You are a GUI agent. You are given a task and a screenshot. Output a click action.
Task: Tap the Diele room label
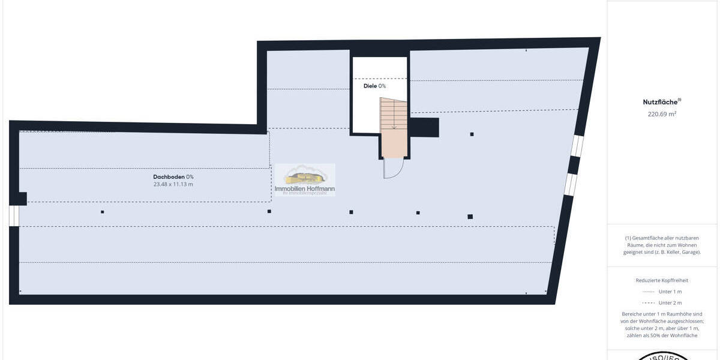pyautogui.click(x=374, y=86)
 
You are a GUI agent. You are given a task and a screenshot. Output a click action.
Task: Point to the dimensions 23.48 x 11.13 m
pyautogui.click(x=173, y=185)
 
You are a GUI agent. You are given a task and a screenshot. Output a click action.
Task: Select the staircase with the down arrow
pyautogui.click(x=393, y=127)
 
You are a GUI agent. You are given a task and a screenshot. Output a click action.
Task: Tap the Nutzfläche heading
pyautogui.click(x=661, y=102)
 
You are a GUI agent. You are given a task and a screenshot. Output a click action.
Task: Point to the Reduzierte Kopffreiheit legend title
pyautogui.click(x=662, y=280)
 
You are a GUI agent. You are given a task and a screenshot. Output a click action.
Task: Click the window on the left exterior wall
pyautogui.click(x=14, y=216)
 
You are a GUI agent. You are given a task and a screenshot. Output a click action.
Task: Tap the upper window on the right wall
pyautogui.click(x=577, y=146)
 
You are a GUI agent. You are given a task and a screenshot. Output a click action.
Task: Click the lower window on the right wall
pyautogui.click(x=571, y=184)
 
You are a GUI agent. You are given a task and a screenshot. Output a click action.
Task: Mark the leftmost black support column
pyautogui.click(x=103, y=212)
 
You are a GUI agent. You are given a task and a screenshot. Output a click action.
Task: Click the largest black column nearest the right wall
pyautogui.click(x=470, y=217)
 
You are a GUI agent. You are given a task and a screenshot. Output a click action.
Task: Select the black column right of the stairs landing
pyautogui.click(x=472, y=134)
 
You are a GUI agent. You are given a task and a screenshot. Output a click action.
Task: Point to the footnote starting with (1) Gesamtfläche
pyautogui.click(x=662, y=245)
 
